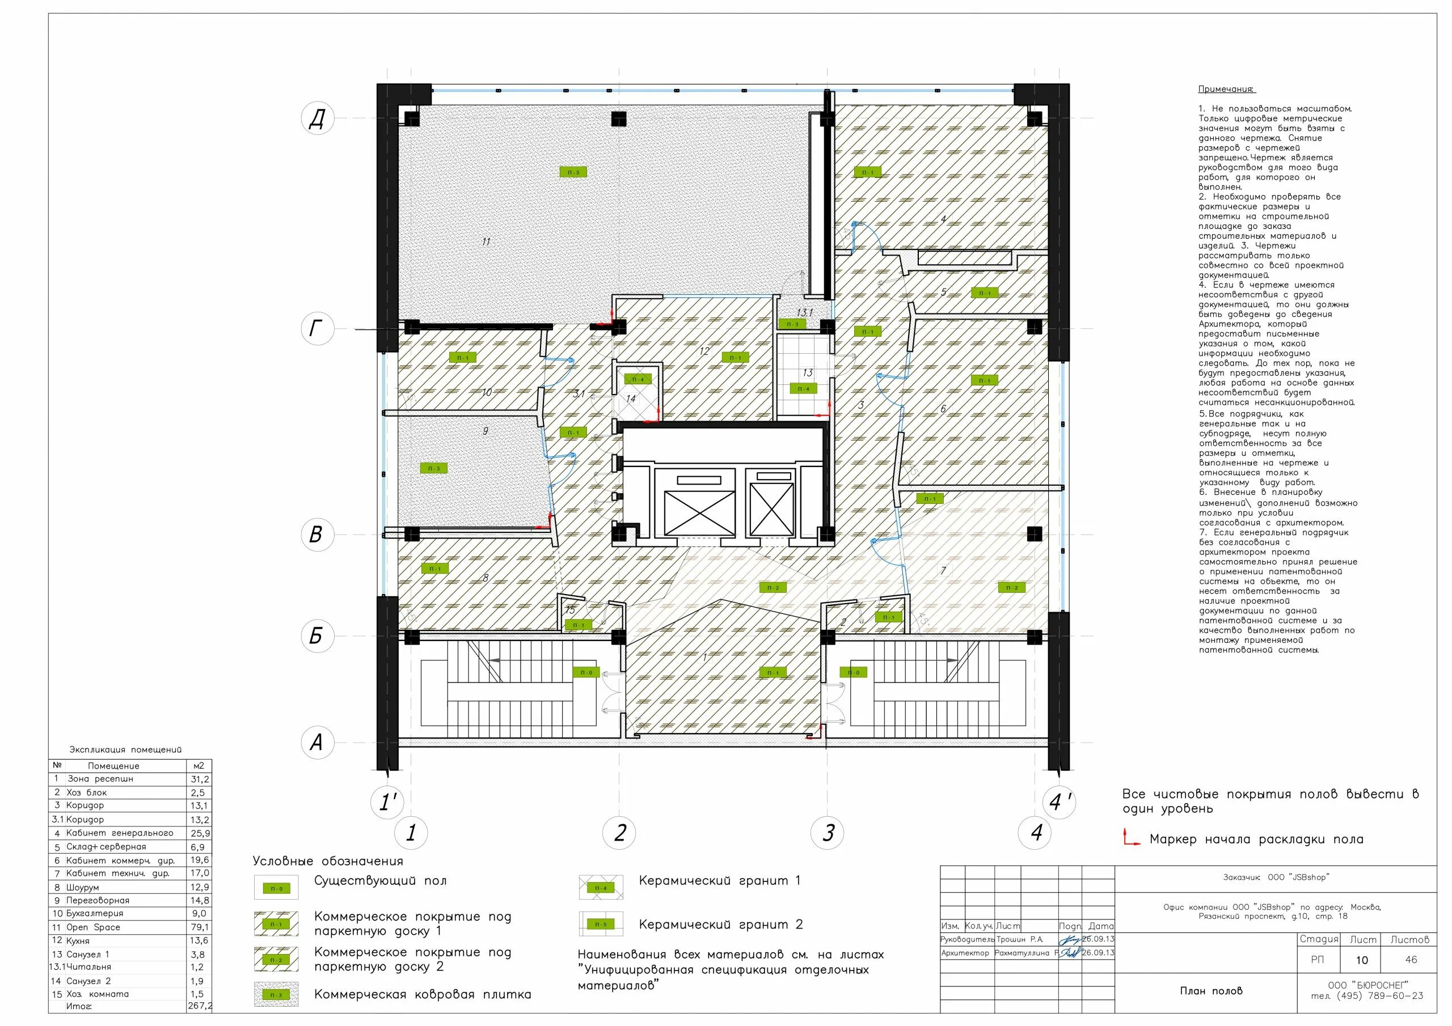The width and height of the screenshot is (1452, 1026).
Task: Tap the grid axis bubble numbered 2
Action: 619,832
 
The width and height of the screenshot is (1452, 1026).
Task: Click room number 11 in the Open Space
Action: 486,241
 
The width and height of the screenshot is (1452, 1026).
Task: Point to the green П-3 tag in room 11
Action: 573,172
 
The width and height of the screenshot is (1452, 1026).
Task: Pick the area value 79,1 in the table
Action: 199,927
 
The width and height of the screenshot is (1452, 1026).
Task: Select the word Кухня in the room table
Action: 78,940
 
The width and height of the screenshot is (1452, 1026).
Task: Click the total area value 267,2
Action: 200,1006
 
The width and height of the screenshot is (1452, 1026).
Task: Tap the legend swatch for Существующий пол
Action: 276,888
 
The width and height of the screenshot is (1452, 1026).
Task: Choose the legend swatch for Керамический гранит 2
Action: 600,924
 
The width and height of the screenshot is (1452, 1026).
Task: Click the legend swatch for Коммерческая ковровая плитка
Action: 276,995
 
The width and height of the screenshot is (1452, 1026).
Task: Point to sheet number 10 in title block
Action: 1362,960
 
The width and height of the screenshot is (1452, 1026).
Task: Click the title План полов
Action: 1210,991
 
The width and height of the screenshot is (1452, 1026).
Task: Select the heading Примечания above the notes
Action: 1226,90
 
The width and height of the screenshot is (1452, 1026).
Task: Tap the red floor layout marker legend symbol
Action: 1131,838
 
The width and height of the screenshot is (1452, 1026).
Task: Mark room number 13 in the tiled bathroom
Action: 808,373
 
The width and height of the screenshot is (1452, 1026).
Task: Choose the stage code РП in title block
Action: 1318,960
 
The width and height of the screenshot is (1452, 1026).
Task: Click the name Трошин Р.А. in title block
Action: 1019,940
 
